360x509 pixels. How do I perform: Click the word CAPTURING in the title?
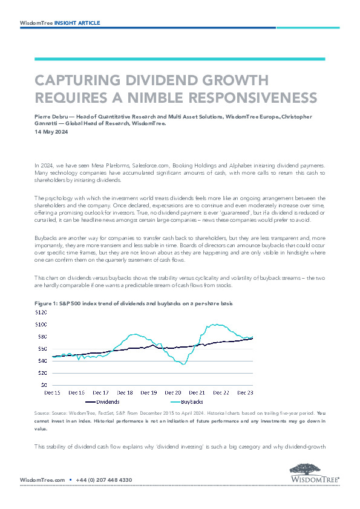coord(78,80)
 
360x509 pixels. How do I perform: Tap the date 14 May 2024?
coord(51,132)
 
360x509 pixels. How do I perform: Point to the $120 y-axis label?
coord(41,313)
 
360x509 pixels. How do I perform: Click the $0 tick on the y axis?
coord(44,385)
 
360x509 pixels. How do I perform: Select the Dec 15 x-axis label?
coord(52,393)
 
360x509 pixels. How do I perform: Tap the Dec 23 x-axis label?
coord(245,393)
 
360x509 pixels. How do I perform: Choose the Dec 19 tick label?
coord(149,393)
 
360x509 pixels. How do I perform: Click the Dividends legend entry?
coord(102,402)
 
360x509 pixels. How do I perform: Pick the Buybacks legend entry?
coord(187,402)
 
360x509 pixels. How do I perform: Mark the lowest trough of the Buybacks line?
coord(183,365)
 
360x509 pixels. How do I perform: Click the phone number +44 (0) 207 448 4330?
coord(104,480)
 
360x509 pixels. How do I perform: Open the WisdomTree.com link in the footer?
coord(42,480)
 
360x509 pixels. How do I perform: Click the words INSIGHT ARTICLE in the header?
coord(77,23)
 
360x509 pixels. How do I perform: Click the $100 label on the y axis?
coord(41,325)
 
